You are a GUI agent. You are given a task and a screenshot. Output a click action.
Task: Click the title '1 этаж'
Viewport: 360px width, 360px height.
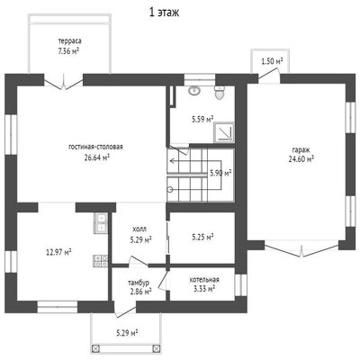point(165,13)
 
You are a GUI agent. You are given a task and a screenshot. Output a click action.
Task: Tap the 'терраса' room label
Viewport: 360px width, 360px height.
point(69,40)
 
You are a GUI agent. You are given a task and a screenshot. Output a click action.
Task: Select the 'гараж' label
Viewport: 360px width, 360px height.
point(301,149)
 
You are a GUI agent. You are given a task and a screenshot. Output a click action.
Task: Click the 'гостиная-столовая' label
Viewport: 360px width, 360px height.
point(96,147)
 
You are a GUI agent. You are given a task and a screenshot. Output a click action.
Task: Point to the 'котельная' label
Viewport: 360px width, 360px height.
point(204,280)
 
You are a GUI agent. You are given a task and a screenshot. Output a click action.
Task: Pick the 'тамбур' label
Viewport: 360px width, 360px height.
point(139,283)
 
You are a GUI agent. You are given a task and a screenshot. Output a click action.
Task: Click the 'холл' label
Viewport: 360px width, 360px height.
point(139,229)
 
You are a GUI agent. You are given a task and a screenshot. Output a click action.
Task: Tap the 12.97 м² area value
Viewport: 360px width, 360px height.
point(58,252)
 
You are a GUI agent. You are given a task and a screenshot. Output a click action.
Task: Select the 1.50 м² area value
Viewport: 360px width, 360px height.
point(273,62)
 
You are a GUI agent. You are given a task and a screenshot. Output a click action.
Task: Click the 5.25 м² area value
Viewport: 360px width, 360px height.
point(202,238)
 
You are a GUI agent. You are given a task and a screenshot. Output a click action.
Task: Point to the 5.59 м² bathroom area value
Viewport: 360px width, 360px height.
point(202,120)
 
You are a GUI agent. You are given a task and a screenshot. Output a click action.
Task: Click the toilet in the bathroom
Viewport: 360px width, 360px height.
point(220,92)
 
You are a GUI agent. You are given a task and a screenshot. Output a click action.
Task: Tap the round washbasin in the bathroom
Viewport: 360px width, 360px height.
point(195,90)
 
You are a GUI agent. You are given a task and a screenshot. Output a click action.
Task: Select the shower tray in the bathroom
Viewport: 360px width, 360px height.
point(224,132)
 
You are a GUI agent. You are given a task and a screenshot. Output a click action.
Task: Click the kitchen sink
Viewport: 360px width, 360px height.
point(101,223)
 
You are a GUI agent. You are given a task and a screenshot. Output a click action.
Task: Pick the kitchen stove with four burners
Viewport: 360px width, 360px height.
point(101,261)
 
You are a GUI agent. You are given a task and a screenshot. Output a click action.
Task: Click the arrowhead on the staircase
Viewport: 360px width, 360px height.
point(172,161)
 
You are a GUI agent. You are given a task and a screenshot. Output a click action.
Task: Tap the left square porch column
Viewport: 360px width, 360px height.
point(95,348)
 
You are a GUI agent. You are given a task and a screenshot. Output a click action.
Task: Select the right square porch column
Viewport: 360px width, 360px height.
point(157,348)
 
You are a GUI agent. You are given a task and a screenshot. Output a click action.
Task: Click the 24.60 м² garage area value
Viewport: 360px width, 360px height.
point(301,159)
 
